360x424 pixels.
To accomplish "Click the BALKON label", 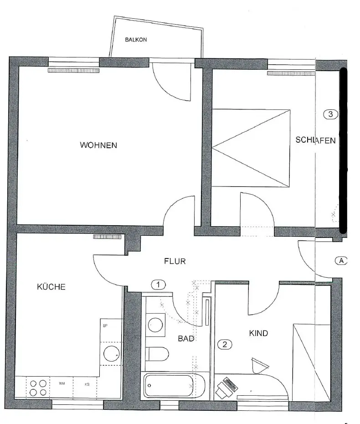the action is pyautogui.click(x=136, y=40).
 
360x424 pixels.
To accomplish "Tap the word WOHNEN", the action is pyautogui.click(x=98, y=145).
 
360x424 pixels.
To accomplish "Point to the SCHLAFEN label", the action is pyautogui.click(x=315, y=140).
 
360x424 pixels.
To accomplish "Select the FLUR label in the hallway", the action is pyautogui.click(x=175, y=261).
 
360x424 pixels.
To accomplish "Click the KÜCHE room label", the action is pyautogui.click(x=51, y=287).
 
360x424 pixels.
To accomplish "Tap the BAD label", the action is pyautogui.click(x=186, y=339).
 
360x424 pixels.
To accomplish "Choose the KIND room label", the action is pyautogui.click(x=258, y=333).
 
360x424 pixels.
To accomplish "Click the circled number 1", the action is pyautogui.click(x=158, y=285).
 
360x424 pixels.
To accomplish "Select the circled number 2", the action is pyautogui.click(x=224, y=345).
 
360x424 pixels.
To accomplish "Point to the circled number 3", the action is pyautogui.click(x=331, y=114).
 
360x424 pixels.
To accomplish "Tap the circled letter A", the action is pyautogui.click(x=341, y=261).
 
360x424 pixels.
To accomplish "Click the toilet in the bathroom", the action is pyautogui.click(x=158, y=353).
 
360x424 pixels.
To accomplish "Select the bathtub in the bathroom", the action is pyautogui.click(x=168, y=386).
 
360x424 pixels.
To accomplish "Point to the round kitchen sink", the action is pyautogui.click(x=111, y=353).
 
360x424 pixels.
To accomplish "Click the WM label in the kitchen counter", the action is pyautogui.click(x=62, y=384).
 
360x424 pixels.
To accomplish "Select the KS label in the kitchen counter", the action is pyautogui.click(x=87, y=384).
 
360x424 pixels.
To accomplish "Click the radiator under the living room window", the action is pyautogui.click(x=73, y=71).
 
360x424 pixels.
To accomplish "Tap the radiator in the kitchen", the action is pyautogui.click(x=108, y=237).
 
